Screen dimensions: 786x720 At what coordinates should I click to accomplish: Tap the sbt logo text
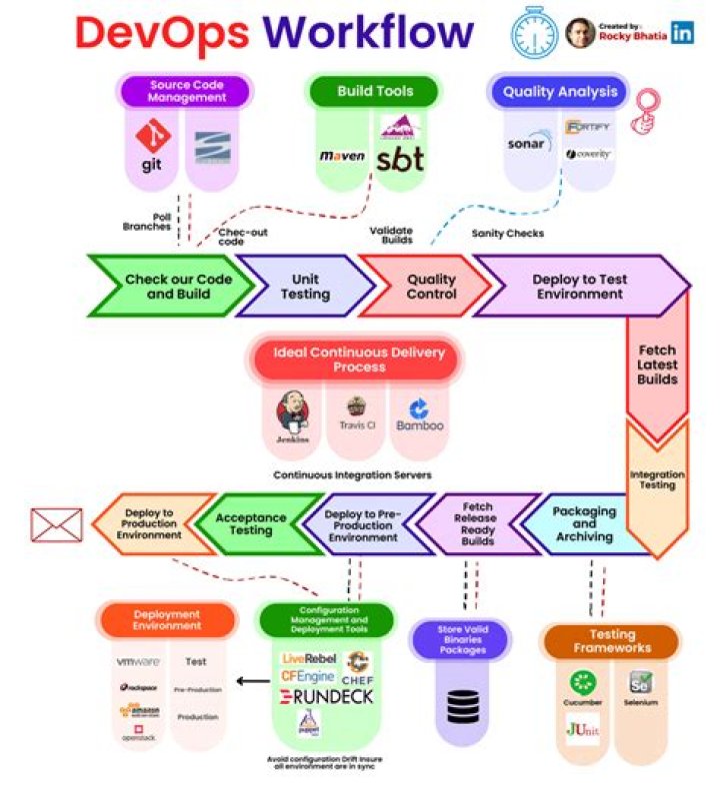(400, 159)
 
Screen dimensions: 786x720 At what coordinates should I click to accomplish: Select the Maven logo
(342, 157)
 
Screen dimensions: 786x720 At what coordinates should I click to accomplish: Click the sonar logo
(526, 144)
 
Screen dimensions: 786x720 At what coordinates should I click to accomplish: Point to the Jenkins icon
(291, 412)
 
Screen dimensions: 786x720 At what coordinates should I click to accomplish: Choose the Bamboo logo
(419, 411)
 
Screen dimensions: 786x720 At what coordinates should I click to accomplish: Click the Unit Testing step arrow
(304, 287)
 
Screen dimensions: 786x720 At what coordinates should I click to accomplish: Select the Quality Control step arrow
(430, 287)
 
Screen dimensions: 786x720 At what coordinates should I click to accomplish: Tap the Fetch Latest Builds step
(656, 366)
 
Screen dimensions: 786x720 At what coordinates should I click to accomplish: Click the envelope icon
(56, 524)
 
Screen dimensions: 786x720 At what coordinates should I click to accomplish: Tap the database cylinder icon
(462, 705)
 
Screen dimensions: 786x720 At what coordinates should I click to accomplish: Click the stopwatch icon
(533, 32)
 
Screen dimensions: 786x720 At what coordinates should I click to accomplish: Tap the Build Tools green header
(375, 91)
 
